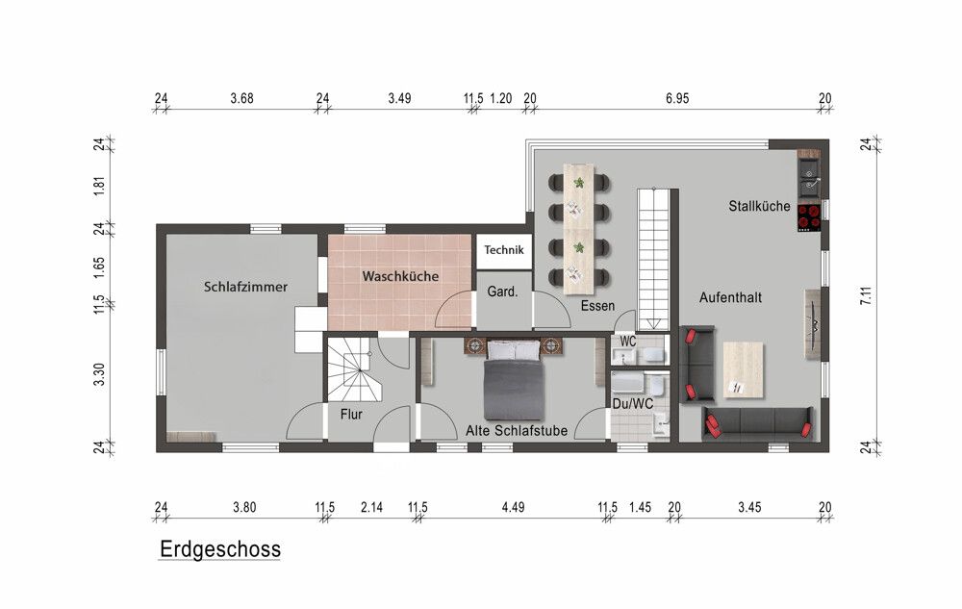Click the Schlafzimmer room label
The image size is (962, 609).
click(x=245, y=287)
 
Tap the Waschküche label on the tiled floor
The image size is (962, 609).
click(x=400, y=276)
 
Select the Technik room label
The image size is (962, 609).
click(x=504, y=249)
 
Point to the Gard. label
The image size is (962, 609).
click(x=502, y=292)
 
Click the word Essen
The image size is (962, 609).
click(x=597, y=305)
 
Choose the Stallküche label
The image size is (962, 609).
click(x=759, y=206)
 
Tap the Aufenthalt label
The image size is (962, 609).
click(x=730, y=297)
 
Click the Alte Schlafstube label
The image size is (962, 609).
click(x=516, y=430)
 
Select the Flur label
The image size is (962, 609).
click(x=351, y=415)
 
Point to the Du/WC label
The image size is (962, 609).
click(x=633, y=403)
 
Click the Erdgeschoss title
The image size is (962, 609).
click(x=219, y=549)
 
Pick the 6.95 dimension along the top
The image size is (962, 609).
click(x=677, y=98)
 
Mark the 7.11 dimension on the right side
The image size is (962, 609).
click(x=866, y=295)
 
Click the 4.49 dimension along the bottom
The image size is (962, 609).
click(x=513, y=507)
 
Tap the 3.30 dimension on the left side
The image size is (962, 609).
click(x=99, y=374)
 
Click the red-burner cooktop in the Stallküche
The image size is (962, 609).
click(x=809, y=217)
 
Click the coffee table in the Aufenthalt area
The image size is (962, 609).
click(x=743, y=369)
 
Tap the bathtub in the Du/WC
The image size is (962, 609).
click(x=627, y=383)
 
